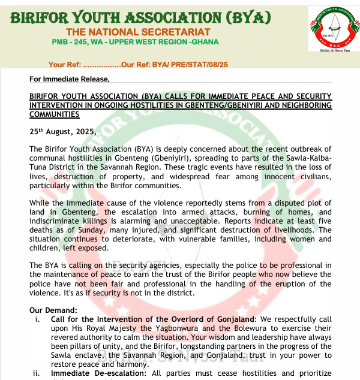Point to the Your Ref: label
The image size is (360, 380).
pos(64,64)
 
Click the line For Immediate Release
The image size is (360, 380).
pos(70,79)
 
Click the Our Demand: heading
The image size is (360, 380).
pos(53,310)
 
